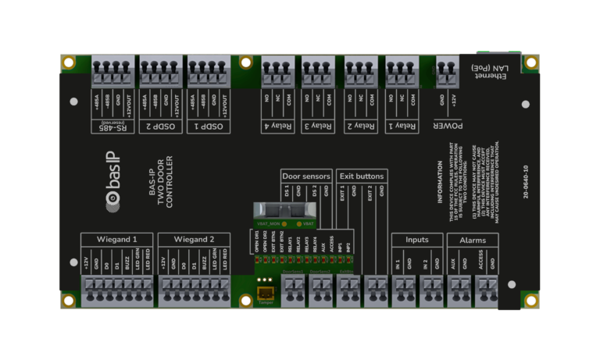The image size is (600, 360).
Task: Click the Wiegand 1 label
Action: (x=116, y=239)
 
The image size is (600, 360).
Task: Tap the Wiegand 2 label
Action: (x=194, y=239)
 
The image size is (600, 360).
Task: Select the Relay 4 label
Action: (x=277, y=125)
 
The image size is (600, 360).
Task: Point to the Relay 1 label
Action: (x=402, y=125)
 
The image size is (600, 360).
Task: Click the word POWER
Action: (x=448, y=125)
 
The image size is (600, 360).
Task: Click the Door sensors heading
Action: (x=306, y=176)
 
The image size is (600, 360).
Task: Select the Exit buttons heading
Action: (x=361, y=176)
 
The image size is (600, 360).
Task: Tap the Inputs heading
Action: (x=416, y=239)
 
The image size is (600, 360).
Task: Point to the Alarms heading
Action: (x=473, y=239)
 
